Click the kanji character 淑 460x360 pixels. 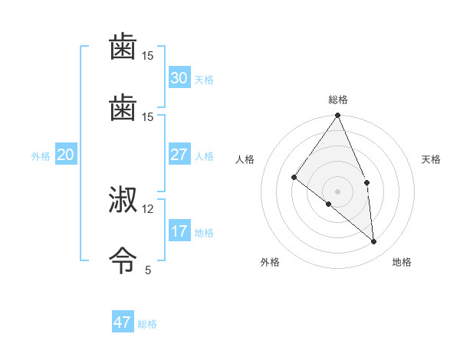[123, 201]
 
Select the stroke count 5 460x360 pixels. [148, 270]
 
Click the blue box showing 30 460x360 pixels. [179, 78]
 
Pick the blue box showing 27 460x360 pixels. [179, 155]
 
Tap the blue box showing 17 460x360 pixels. [179, 231]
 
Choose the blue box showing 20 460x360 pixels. [65, 155]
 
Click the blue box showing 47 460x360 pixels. [123, 322]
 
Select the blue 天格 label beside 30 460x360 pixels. [204, 80]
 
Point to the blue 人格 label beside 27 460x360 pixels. [204, 156]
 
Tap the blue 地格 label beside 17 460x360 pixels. [204, 233]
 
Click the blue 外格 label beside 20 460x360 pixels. [41, 156]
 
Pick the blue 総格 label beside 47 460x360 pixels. [147, 324]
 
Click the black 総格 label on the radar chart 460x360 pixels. [338, 100]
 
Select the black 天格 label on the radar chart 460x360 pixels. [432, 159]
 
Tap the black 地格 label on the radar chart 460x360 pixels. [402, 262]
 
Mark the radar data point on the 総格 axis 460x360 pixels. [337, 116]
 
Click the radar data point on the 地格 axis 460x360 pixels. [373, 241]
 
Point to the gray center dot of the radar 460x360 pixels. [337, 191]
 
